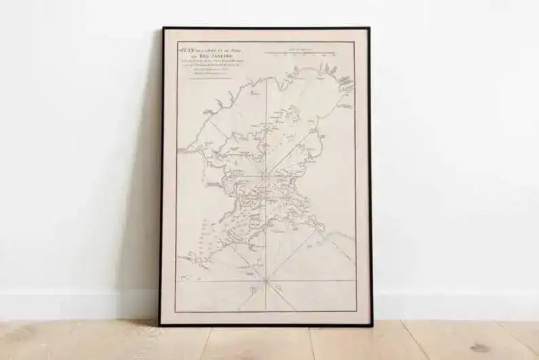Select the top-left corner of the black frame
coord(163,29)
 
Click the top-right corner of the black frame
coord(369,29)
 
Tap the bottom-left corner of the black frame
coord(160,325)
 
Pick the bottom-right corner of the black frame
coord(371,325)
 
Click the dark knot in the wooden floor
coord(481,348)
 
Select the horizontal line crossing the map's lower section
coord(224,281)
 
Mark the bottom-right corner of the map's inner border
coord(356,312)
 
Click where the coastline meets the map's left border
coord(178,151)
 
